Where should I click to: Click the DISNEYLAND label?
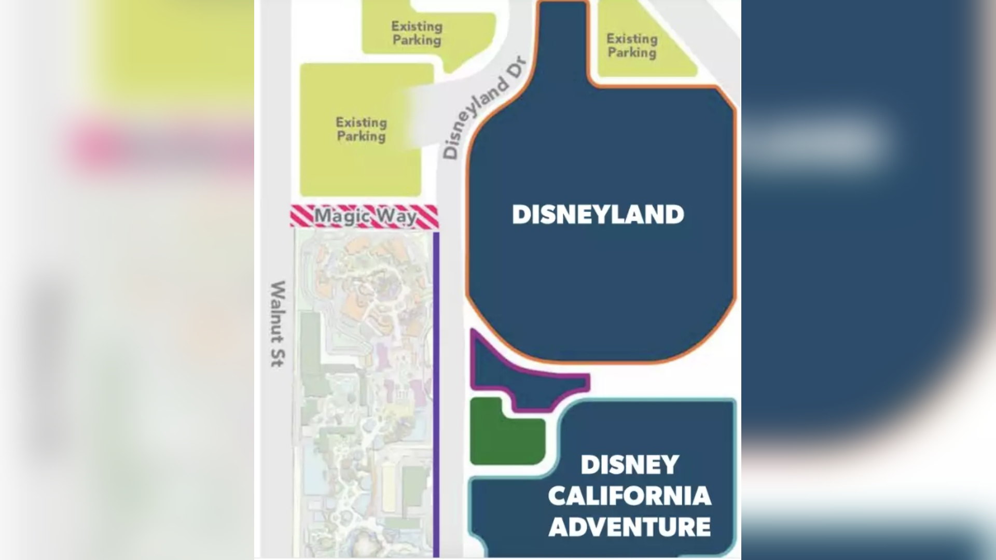[x=598, y=215]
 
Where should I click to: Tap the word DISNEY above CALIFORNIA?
[x=629, y=465]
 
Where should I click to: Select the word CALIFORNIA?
[x=629, y=496]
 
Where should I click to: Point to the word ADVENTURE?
[x=629, y=527]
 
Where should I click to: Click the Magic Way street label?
[x=365, y=216]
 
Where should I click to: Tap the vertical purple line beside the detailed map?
[x=436, y=394]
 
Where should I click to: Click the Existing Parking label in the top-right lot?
[x=632, y=46]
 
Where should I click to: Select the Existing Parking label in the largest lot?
[x=362, y=130]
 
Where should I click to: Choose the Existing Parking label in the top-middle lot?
[x=417, y=33]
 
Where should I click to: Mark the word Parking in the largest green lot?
[x=362, y=136]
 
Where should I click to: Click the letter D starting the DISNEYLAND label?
[x=520, y=215]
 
